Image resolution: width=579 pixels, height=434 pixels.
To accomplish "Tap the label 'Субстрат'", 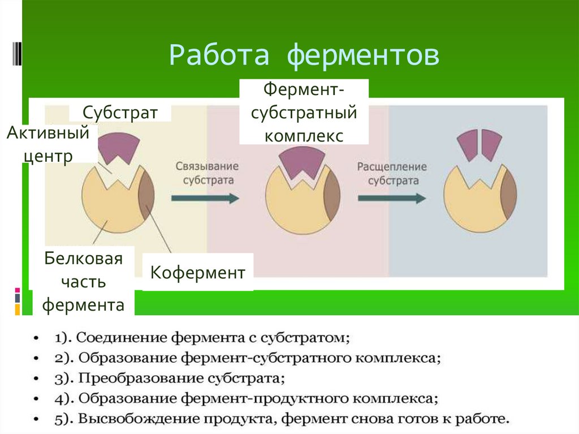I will click(x=120, y=111).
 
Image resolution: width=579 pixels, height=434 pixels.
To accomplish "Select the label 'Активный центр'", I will click(x=49, y=144).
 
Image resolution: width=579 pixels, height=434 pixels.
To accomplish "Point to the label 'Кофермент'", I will click(x=197, y=273).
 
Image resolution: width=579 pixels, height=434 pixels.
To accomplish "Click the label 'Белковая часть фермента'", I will click(x=84, y=282).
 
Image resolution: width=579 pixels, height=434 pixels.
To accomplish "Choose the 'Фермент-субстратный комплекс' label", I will click(x=304, y=113).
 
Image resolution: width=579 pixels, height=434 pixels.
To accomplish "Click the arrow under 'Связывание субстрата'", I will click(x=205, y=198).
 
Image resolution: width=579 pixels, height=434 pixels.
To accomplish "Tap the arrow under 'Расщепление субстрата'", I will click(x=391, y=198).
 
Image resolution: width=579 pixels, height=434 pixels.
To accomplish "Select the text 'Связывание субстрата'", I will click(x=205, y=174).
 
